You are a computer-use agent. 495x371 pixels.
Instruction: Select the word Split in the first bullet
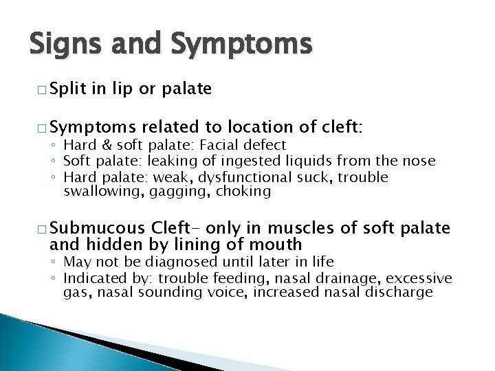click(70, 90)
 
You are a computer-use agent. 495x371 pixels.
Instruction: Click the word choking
click(243, 191)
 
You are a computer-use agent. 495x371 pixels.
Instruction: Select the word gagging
click(186, 191)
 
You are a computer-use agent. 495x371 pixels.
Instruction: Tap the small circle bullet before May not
click(54, 262)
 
